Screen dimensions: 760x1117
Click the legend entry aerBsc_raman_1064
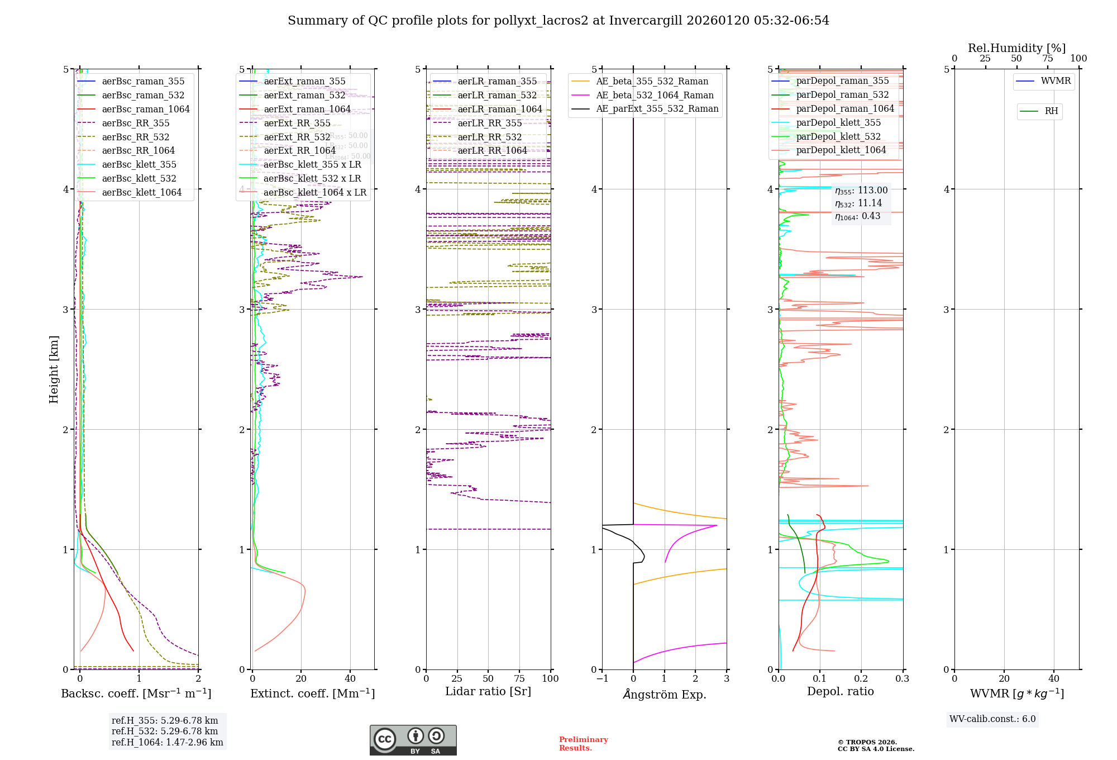click(x=146, y=110)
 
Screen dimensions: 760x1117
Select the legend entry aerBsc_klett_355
click(x=139, y=165)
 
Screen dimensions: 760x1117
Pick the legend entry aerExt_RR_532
click(x=297, y=137)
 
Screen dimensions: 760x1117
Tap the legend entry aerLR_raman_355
click(x=497, y=82)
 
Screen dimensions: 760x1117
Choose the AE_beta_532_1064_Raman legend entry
click(x=655, y=96)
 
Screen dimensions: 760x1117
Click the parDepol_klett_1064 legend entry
click(x=841, y=150)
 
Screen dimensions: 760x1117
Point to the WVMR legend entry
click(x=1056, y=81)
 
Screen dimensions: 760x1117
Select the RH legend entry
click(x=1051, y=111)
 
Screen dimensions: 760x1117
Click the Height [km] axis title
click(x=54, y=369)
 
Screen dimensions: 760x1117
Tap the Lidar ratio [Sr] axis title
click(x=488, y=692)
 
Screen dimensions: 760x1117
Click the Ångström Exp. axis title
click(x=665, y=695)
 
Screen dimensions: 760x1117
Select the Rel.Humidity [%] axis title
click(x=1016, y=48)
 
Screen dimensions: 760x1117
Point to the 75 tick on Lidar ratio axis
click(x=519, y=679)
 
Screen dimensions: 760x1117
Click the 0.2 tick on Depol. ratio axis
click(x=861, y=679)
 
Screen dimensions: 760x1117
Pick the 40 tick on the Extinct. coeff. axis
click(x=350, y=679)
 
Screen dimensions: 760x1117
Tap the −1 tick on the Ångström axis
click(x=602, y=679)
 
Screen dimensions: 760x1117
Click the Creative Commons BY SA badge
click(x=413, y=740)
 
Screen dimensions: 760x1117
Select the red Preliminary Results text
click(x=583, y=744)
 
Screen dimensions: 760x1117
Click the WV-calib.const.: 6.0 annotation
click(x=992, y=719)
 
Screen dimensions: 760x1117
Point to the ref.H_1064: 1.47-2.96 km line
click(x=168, y=743)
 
